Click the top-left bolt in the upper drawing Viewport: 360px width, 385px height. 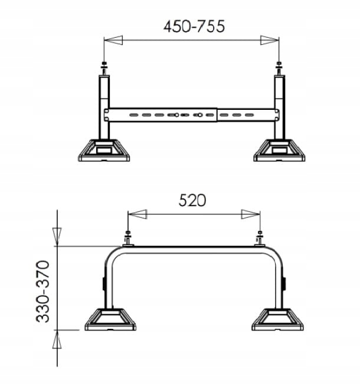coord(104,67)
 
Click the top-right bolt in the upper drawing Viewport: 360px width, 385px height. coord(279,67)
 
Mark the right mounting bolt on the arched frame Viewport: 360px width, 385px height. coord(259,239)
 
